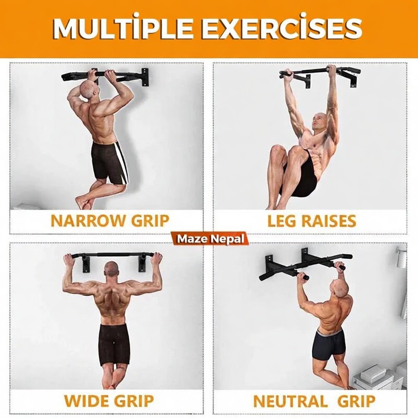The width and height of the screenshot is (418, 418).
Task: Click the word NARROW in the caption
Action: (x=88, y=220)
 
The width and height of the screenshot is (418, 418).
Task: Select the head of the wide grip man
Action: (x=111, y=271)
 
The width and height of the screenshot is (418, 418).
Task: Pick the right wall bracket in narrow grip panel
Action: (x=144, y=77)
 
